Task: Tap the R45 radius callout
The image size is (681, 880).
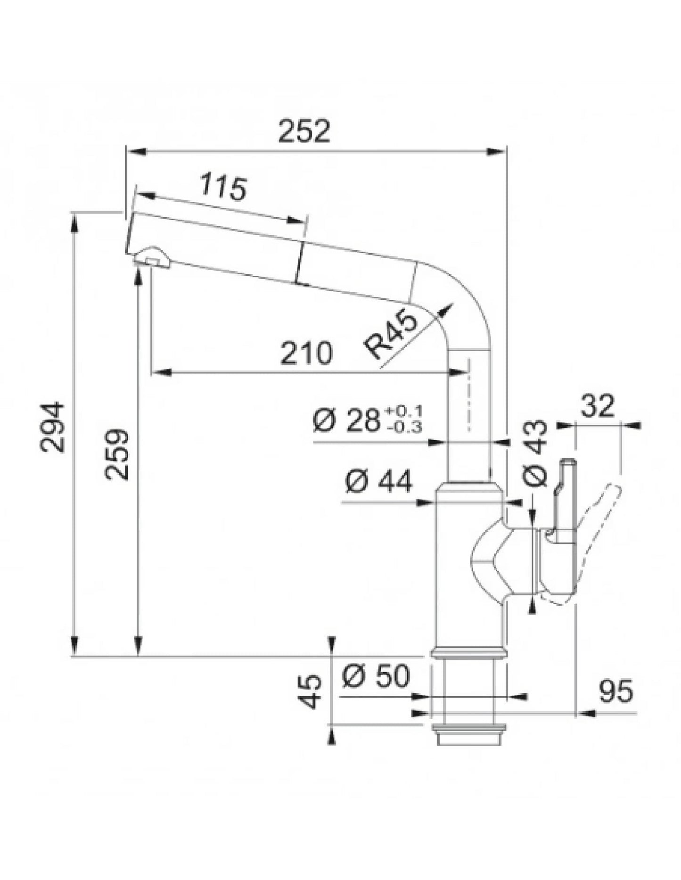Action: coord(391,335)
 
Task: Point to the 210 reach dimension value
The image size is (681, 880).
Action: coord(306,354)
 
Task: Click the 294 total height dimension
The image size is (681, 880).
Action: coord(52,427)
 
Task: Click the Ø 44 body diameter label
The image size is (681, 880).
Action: coord(378,481)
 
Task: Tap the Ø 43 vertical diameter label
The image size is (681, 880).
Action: coord(536,453)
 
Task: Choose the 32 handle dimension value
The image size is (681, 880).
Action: coord(597,406)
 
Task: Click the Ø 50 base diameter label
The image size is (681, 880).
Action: coord(376,676)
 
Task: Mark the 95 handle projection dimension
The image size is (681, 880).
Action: coord(615,692)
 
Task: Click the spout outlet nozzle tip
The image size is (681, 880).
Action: coord(152,259)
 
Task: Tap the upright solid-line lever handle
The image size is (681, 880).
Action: coord(565,500)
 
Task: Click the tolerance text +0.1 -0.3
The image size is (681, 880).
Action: coord(404,419)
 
